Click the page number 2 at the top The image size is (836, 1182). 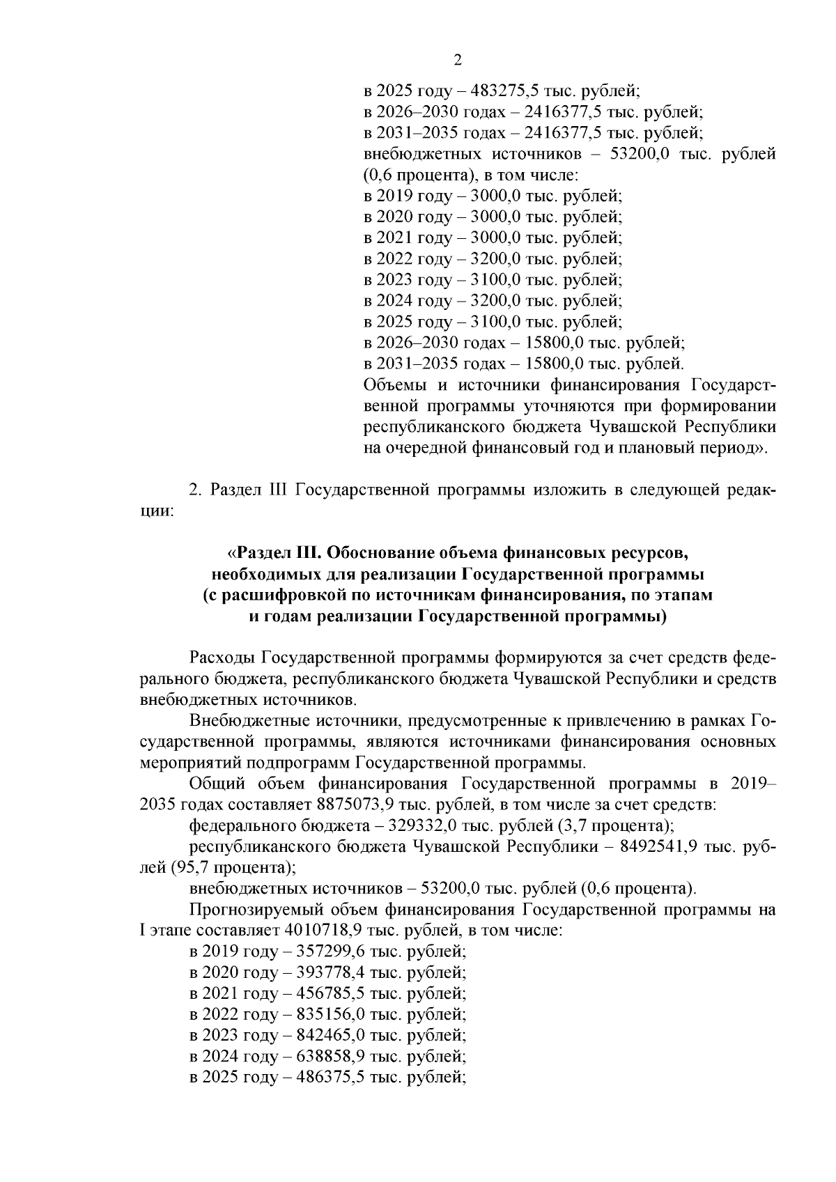click(458, 60)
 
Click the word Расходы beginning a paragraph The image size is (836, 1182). click(222, 658)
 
